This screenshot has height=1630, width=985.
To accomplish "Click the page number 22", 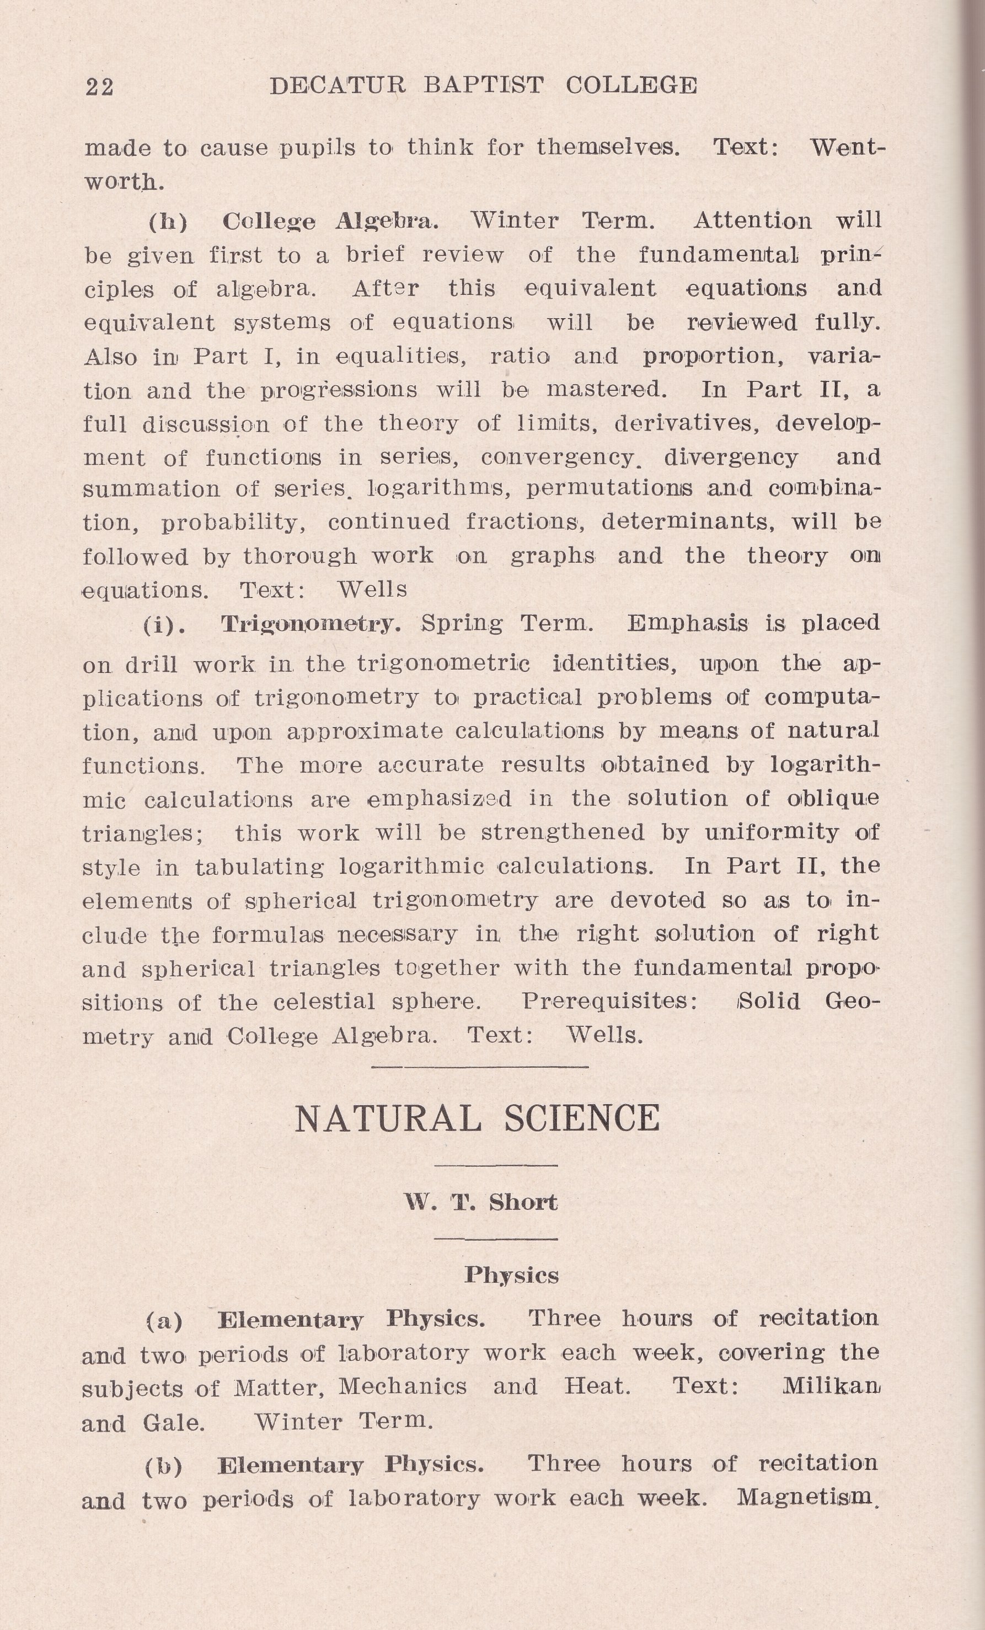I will click(99, 87).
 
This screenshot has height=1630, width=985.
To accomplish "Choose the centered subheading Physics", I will click(511, 1275).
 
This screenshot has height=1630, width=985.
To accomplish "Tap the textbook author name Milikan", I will click(832, 1386).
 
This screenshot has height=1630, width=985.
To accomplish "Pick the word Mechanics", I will click(403, 1386).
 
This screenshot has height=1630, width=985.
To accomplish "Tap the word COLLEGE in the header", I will click(631, 85).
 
